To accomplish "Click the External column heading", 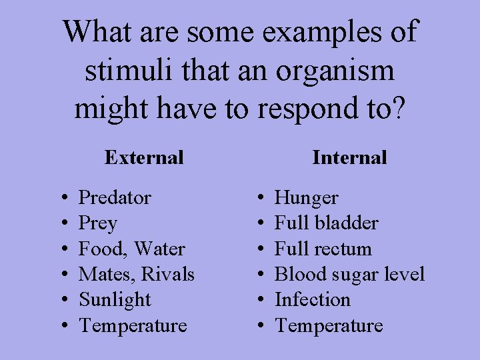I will (x=144, y=157).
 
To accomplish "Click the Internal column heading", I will (x=349, y=157).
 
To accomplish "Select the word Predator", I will (x=115, y=197).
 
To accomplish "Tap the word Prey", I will (x=97, y=223).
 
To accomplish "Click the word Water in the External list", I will (x=159, y=249).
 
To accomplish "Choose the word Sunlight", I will (x=115, y=300).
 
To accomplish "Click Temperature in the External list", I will (x=133, y=325).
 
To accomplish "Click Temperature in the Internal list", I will (x=329, y=325).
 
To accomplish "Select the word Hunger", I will (x=306, y=198).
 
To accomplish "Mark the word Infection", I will (x=312, y=300).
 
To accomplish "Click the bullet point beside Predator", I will (x=61, y=198).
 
